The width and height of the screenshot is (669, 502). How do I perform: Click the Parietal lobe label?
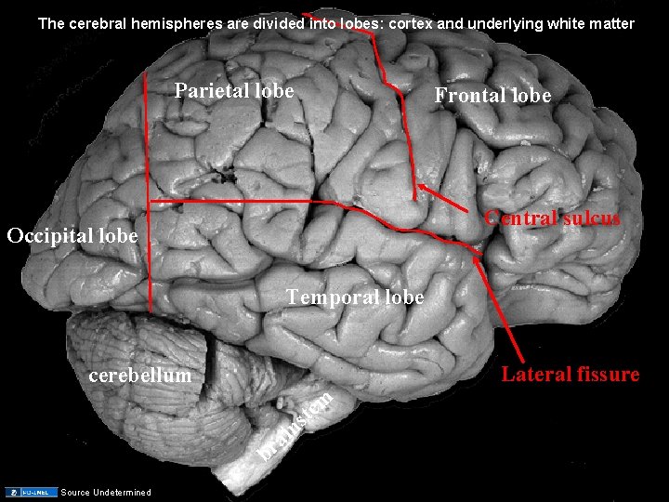pos(234,91)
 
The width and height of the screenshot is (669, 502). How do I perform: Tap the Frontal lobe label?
pos(492,96)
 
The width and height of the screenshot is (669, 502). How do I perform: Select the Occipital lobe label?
pos(72,235)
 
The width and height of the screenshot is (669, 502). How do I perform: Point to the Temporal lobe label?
pos(355,297)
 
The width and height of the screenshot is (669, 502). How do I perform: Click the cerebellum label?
pos(138,376)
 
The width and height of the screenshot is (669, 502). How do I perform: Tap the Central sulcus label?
pos(553,218)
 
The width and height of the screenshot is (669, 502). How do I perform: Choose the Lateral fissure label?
pos(571,375)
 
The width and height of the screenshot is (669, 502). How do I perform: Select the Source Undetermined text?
pos(105,492)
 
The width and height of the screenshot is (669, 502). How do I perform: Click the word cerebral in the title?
pos(99,23)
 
